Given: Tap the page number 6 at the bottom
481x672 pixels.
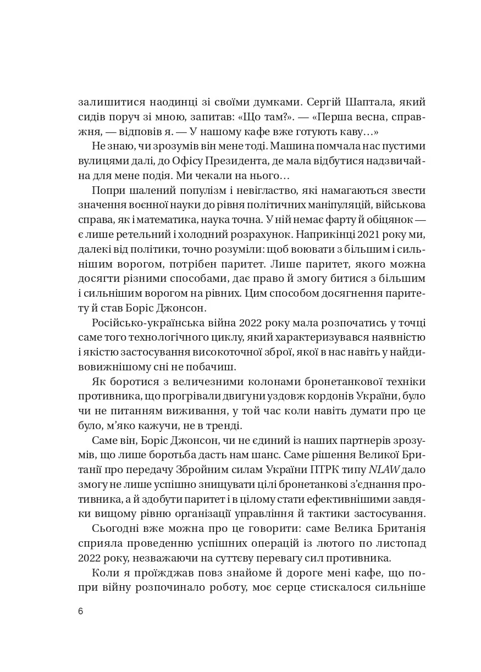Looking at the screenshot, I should click(x=81, y=612).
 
